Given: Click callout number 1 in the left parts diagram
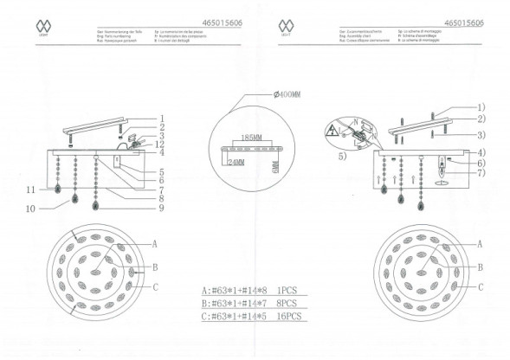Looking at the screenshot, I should pyautogui.click(x=161, y=119).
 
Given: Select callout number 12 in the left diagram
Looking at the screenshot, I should pyautogui.click(x=161, y=144).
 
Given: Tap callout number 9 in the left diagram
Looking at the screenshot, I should pyautogui.click(x=161, y=208).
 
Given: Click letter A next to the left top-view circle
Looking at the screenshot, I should pyautogui.click(x=154, y=244).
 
